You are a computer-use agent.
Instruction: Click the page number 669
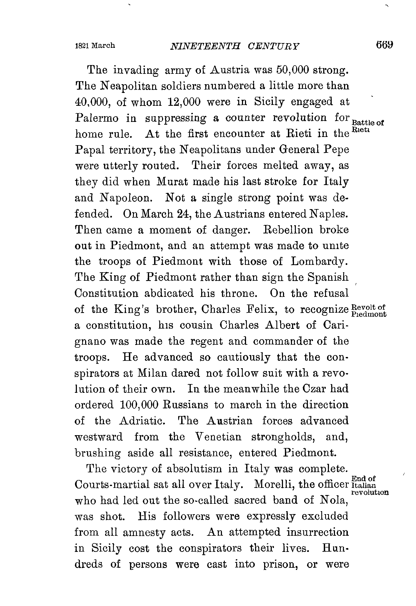tap(385, 45)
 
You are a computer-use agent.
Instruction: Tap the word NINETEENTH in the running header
tap(205, 46)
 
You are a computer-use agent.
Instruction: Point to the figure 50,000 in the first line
tap(291, 70)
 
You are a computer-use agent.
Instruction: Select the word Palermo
tap(97, 118)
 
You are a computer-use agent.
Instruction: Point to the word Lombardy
tap(319, 262)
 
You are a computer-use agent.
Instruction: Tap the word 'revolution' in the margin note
tap(369, 492)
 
